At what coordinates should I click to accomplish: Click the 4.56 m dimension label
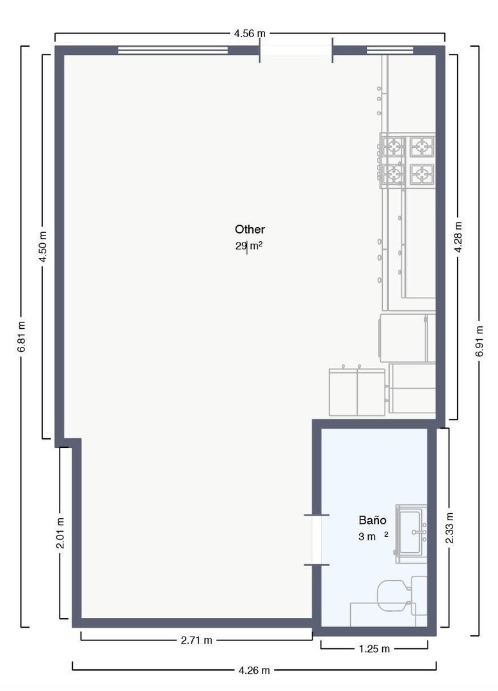(x=250, y=33)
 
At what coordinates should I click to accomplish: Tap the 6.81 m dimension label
(x=21, y=337)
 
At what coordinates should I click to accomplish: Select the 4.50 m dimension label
(x=43, y=246)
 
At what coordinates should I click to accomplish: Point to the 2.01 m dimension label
(x=60, y=533)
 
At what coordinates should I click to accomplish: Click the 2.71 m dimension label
(x=197, y=640)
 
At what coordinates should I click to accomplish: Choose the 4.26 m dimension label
(x=254, y=671)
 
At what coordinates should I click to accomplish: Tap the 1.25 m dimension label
(x=374, y=649)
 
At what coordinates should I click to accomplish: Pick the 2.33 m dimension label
(x=449, y=528)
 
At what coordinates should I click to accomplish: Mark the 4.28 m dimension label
(x=458, y=237)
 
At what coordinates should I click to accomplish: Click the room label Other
(x=250, y=229)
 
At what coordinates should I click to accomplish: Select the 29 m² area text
(x=249, y=246)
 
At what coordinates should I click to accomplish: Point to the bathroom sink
(x=411, y=534)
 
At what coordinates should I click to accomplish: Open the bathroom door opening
(x=316, y=540)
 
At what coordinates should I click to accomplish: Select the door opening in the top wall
(x=296, y=50)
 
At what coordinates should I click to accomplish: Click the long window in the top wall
(x=173, y=50)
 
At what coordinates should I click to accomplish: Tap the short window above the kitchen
(x=390, y=50)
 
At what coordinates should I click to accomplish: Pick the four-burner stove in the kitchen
(x=407, y=159)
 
